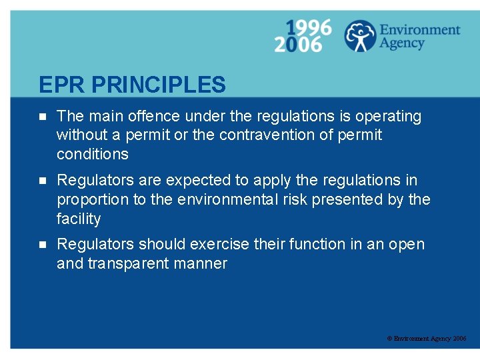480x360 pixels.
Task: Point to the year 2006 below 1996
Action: click(297, 45)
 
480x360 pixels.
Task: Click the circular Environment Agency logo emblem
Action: click(360, 36)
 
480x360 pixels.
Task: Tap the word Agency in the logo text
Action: click(402, 43)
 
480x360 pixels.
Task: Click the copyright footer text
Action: click(427, 339)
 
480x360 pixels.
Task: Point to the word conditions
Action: click(93, 154)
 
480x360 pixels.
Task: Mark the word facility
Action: click(79, 219)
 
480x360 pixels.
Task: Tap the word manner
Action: click(205, 263)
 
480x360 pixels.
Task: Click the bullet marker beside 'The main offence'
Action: click(41, 116)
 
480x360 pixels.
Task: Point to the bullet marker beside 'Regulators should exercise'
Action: click(41, 244)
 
